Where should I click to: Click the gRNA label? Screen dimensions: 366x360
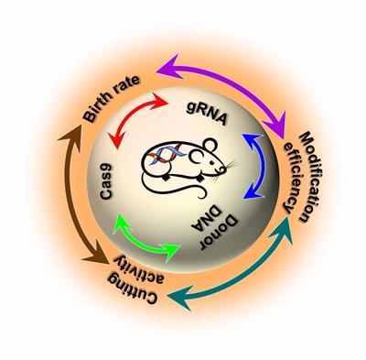coord(207,114)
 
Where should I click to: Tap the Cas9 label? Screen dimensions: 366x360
coord(106,181)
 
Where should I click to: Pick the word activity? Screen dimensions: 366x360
coord(139,267)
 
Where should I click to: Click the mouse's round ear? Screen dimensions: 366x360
coord(210,145)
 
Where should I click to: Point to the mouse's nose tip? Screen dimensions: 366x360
coord(225,169)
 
